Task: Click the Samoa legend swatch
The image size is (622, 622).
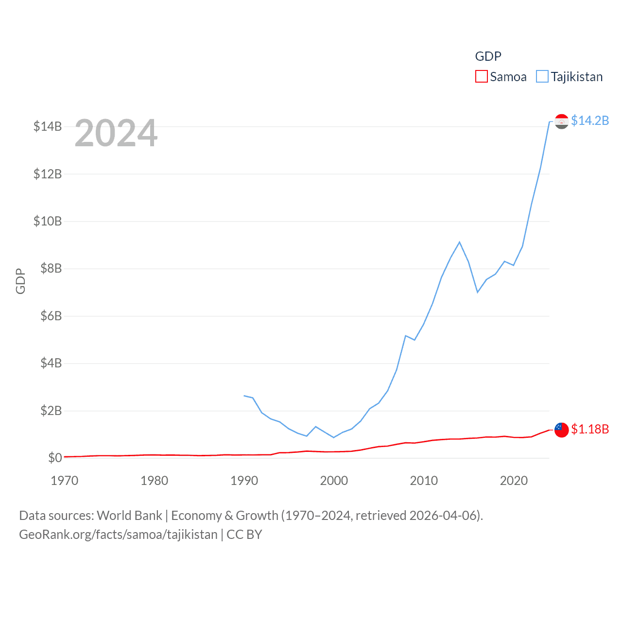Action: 481,77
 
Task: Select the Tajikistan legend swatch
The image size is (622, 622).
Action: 542,77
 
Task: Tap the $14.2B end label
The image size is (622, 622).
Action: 589,121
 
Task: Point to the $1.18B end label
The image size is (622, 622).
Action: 589,429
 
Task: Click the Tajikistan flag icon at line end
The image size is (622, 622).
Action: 561,121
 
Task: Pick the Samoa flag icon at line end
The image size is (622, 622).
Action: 561,430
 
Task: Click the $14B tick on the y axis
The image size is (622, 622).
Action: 48,126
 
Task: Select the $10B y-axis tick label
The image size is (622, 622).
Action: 48,221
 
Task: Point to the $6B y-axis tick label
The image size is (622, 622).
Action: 51,316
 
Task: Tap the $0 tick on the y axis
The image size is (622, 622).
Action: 55,458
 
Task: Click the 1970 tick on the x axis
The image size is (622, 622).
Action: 65,481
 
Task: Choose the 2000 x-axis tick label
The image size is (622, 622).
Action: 334,481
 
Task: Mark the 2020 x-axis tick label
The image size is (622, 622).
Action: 514,481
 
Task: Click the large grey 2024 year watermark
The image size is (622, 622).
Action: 116,133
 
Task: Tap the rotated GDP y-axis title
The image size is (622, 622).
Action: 20,281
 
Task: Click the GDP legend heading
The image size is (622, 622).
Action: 488,56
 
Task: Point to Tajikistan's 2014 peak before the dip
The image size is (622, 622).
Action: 459,242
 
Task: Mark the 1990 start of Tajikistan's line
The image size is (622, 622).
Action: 244,396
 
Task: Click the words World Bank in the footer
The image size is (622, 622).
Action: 129,515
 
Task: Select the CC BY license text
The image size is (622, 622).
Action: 244,535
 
